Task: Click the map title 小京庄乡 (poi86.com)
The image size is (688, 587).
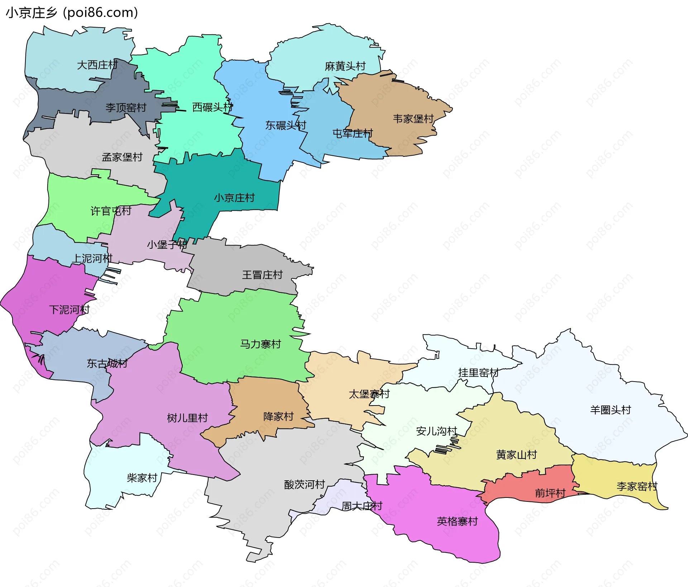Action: pyautogui.click(x=72, y=13)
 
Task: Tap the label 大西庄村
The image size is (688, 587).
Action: pyautogui.click(x=97, y=65)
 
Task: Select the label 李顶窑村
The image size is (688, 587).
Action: pyautogui.click(x=126, y=108)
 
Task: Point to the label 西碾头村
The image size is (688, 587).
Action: pyautogui.click(x=212, y=107)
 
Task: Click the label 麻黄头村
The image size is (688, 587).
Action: pyautogui.click(x=345, y=66)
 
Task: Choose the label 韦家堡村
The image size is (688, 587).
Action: pyautogui.click(x=413, y=119)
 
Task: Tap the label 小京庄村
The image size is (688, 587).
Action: pyautogui.click(x=234, y=198)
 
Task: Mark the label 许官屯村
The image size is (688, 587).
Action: pyautogui.click(x=111, y=211)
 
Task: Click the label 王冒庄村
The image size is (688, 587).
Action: pyautogui.click(x=262, y=275)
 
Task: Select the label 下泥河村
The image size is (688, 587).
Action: pyautogui.click(x=69, y=310)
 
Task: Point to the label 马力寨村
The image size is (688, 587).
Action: pyautogui.click(x=261, y=344)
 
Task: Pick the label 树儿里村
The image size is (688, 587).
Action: pyautogui.click(x=187, y=418)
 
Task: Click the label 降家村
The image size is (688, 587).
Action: pyautogui.click(x=278, y=417)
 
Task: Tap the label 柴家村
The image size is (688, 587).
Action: pyautogui.click(x=142, y=478)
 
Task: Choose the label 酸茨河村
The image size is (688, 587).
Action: pyautogui.click(x=305, y=485)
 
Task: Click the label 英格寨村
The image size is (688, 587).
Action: pyautogui.click(x=458, y=521)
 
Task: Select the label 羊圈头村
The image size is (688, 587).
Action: pyautogui.click(x=611, y=410)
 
